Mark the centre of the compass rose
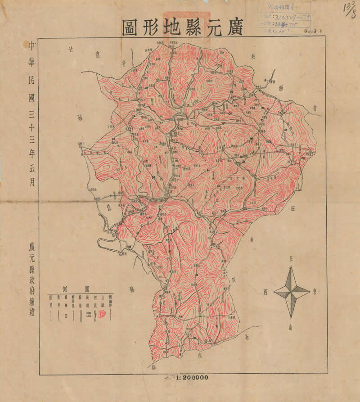(x=292, y=291)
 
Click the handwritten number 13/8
(x=349, y=9)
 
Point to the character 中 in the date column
(x=31, y=45)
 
